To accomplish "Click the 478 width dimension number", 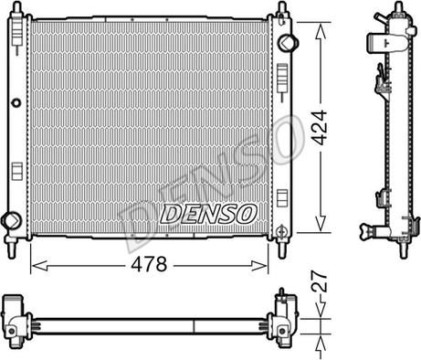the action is [x=149, y=264].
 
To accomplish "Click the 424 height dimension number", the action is [x=320, y=127].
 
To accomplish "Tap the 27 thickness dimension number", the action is [x=320, y=281].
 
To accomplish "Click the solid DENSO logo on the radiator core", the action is [x=208, y=214].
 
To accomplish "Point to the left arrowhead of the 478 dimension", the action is [x=39, y=266].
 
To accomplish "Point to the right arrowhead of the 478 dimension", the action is [x=259, y=266].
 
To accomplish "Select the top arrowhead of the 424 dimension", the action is [x=321, y=31].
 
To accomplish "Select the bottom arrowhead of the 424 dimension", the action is [x=321, y=224].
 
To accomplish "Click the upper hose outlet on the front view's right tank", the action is [x=288, y=43].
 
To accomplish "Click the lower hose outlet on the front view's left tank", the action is [x=11, y=220].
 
